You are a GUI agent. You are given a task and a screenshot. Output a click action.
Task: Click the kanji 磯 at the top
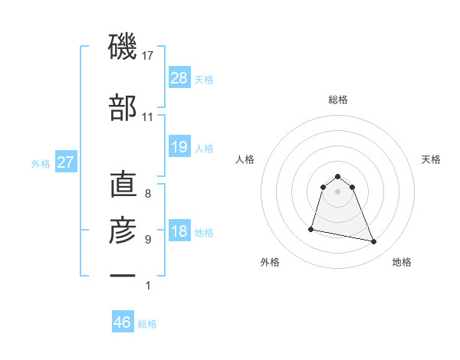pos(123,48)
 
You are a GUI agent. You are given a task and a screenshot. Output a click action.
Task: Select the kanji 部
pos(123,109)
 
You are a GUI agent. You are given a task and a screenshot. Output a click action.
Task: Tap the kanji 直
pos(123,186)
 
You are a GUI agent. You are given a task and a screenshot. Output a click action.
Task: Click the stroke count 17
pos(148,56)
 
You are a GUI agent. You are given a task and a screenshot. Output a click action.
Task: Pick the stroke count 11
pos(148,117)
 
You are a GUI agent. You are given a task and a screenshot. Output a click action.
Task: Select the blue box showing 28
pos(179,78)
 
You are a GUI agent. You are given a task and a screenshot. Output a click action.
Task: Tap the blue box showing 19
pos(179,147)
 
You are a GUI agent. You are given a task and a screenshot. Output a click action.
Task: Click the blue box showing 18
pos(179,232)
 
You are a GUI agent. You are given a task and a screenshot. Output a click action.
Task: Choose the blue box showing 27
pos(66,162)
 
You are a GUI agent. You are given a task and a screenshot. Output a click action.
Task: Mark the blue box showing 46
pos(123,322)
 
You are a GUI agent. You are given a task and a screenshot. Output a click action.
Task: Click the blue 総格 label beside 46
pos(147,324)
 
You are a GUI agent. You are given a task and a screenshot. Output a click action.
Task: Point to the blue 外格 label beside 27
pos(41,163)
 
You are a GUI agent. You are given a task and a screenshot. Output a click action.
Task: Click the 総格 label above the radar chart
pos(338,100)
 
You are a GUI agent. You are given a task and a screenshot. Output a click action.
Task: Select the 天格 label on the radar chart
pos(432,159)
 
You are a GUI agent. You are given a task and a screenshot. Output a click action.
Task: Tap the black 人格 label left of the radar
pos(245,159)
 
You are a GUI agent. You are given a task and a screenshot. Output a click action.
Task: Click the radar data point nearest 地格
pos(374,242)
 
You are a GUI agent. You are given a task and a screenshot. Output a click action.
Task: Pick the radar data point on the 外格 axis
pos(311,228)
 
